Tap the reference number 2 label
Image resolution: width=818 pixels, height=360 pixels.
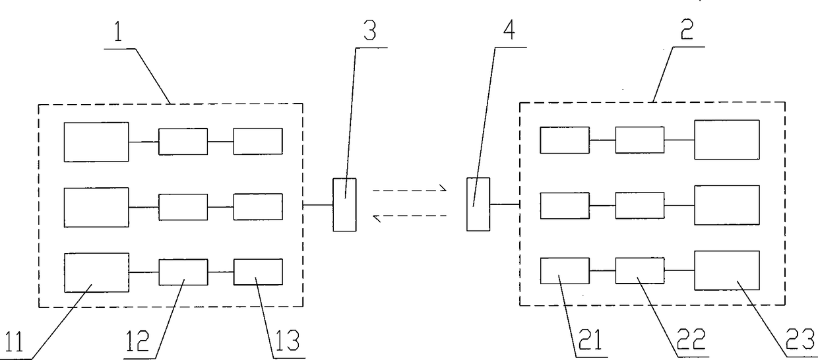click(x=687, y=33)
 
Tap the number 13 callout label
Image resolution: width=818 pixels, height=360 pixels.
click(x=285, y=342)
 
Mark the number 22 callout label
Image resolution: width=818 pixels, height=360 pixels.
click(x=691, y=341)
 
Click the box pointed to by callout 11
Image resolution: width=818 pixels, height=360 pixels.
click(x=96, y=272)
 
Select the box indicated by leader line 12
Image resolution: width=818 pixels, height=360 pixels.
click(x=183, y=272)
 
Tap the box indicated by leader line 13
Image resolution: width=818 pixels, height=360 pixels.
click(x=258, y=272)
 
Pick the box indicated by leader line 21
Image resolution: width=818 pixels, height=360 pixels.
click(x=565, y=271)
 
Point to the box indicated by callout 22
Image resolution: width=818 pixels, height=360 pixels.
click(x=640, y=271)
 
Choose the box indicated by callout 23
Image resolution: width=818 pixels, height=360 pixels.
click(x=726, y=270)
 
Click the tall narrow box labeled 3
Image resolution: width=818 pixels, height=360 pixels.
click(x=344, y=204)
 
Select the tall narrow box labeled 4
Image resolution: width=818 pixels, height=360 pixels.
click(x=478, y=204)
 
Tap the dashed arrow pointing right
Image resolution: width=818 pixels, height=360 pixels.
click(x=409, y=190)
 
